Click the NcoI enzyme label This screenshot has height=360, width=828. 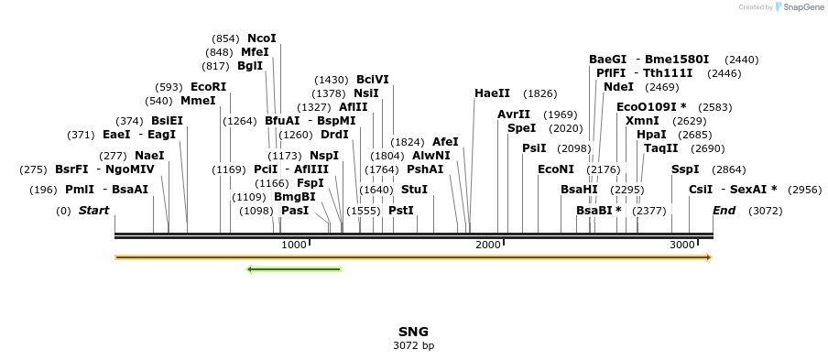click(x=261, y=38)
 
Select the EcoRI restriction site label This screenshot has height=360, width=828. click(x=208, y=87)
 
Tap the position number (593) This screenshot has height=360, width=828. click(x=169, y=87)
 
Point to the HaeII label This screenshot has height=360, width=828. click(x=492, y=93)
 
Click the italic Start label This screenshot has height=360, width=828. click(x=94, y=211)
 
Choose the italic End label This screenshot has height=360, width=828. click(x=724, y=211)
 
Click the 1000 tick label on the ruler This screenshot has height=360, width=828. click(x=294, y=245)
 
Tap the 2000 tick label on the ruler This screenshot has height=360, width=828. click(x=487, y=245)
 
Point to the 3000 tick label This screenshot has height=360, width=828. click(x=682, y=245)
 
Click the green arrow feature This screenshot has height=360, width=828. click(x=294, y=269)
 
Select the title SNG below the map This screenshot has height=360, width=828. click(x=413, y=332)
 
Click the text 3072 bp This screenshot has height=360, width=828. click(x=413, y=346)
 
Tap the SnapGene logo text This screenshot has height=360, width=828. click(x=802, y=7)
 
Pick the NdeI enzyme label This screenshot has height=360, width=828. click(x=619, y=87)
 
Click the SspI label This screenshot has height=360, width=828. click(x=685, y=169)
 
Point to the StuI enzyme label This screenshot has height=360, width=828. click(x=415, y=190)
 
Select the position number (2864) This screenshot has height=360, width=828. click(x=729, y=169)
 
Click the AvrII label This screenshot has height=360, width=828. click(x=514, y=115)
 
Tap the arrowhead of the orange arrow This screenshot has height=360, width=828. click(x=710, y=257)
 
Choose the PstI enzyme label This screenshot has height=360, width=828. click(x=401, y=211)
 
